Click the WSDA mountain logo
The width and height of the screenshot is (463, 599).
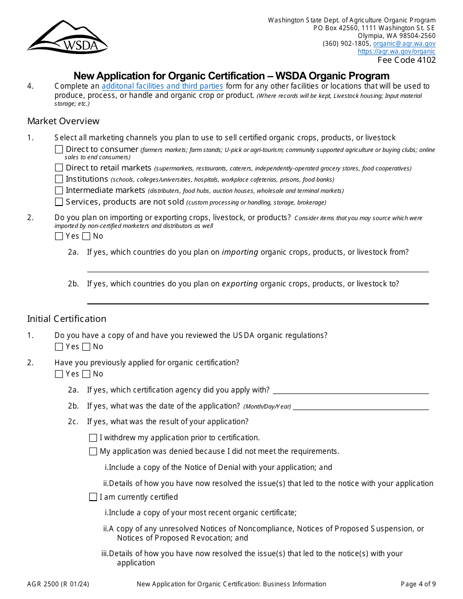click(67, 37)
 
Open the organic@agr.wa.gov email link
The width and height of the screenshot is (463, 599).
click(404, 43)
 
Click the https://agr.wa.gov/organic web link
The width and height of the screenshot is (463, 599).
click(396, 51)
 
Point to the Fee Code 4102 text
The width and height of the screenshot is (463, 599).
click(406, 60)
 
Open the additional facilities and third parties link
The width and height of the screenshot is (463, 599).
click(162, 86)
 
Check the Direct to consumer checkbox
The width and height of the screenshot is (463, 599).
click(59, 150)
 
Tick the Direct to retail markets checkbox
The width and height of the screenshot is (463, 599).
click(59, 168)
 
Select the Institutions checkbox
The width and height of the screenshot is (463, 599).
click(59, 179)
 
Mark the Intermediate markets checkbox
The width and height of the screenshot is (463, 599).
click(59, 190)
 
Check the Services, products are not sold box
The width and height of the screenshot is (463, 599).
click(59, 202)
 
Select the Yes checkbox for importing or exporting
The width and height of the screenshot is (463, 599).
click(59, 236)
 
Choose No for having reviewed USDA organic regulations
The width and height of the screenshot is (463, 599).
click(86, 347)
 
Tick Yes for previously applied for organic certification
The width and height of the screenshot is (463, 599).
click(59, 374)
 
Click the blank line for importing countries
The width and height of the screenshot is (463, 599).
click(257, 267)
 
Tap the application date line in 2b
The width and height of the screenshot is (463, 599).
click(360, 406)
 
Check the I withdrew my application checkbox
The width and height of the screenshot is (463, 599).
click(93, 438)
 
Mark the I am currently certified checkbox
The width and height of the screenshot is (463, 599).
click(93, 497)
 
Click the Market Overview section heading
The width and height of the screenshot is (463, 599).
click(63, 121)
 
